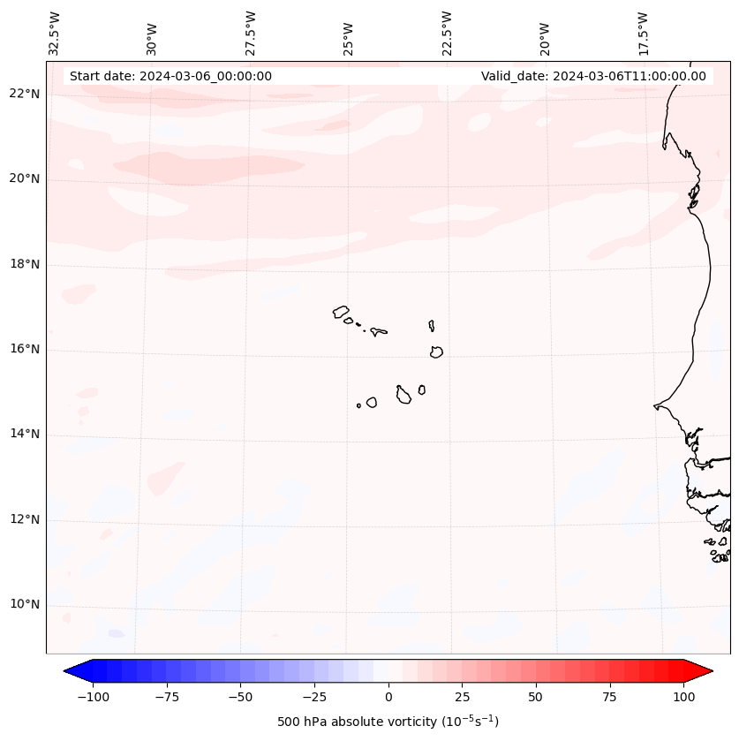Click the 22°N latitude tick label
point(26,94)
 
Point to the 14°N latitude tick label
point(26,434)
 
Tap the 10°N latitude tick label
point(26,605)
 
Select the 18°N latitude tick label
point(26,264)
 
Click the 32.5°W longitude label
point(55,34)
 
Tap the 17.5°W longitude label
point(643,34)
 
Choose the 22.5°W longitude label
point(447,34)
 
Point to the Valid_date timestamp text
point(593,76)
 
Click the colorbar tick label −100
point(93,697)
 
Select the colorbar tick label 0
point(388,697)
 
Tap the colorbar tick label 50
point(536,697)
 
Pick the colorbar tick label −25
point(314,697)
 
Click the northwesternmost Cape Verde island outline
point(341,312)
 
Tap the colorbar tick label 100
point(683,697)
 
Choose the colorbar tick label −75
point(167,697)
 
